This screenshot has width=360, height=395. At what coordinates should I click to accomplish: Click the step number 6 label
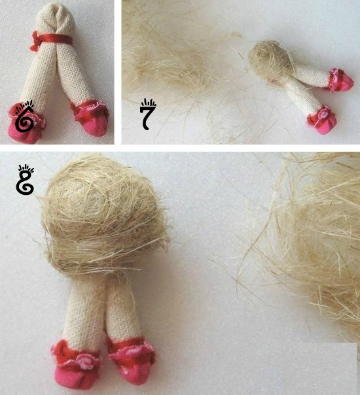24,116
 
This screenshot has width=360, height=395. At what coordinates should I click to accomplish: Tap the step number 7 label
148,114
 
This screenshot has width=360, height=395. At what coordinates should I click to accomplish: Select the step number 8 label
25,180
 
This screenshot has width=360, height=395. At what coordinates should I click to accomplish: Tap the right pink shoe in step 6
92,118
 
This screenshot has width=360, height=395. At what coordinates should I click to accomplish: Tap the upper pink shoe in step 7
341,80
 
